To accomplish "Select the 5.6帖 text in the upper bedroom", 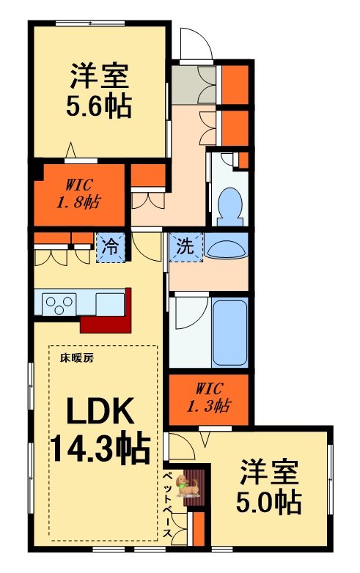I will [x=100, y=107].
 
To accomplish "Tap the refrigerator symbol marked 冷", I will [x=110, y=247].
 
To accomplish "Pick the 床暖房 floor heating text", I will [x=76, y=359].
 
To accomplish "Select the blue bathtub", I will [x=229, y=330].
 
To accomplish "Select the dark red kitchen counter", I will [x=110, y=315].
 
